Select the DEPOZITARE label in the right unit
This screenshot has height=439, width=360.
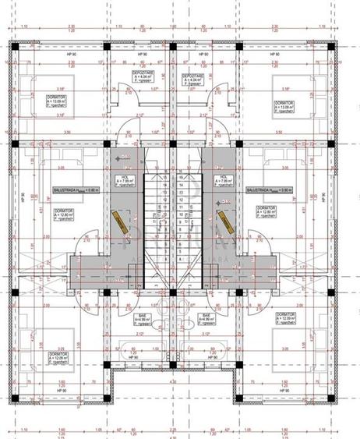point(194,76)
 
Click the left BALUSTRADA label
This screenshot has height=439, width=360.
point(71,189)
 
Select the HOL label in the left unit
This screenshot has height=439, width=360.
point(125,178)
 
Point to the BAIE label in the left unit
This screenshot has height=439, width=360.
point(143,317)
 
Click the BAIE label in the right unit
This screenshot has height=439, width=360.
point(207,317)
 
